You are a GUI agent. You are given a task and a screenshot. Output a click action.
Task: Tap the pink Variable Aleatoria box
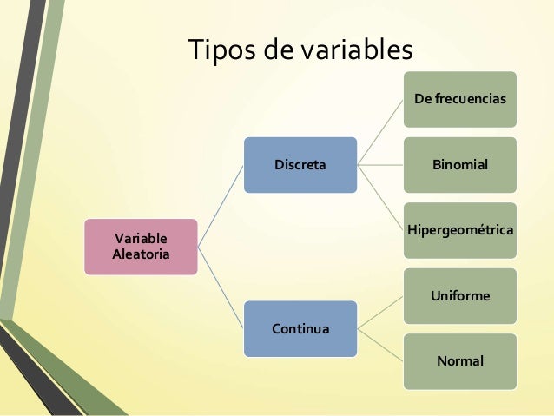click(x=141, y=247)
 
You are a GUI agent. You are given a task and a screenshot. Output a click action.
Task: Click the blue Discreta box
click(x=300, y=164)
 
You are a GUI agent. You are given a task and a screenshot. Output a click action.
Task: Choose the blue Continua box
click(x=300, y=329)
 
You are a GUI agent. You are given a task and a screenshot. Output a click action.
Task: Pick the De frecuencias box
click(x=460, y=100)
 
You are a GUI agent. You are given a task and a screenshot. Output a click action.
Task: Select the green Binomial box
click(x=460, y=164)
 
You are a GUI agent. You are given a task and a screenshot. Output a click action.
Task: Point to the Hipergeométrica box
click(x=460, y=230)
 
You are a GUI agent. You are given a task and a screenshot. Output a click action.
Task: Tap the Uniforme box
click(x=460, y=296)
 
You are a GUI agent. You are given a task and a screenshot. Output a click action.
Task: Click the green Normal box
click(x=460, y=360)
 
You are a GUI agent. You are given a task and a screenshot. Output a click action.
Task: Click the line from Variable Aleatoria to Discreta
click(x=221, y=206)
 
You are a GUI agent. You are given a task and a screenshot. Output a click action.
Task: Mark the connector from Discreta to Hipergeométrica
click(x=382, y=196)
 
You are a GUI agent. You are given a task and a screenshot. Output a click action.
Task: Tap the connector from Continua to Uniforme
click(x=382, y=313)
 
